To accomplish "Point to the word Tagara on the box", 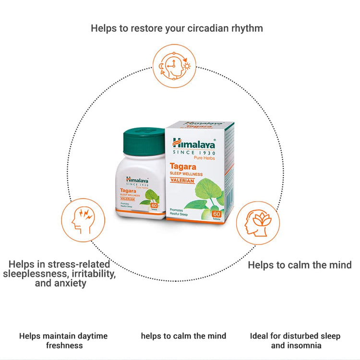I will coord(187,166).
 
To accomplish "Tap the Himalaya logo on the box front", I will coord(194,143).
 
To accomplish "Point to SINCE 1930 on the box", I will coord(194,153).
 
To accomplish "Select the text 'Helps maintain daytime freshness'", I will coord(63,340).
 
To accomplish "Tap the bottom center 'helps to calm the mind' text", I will coord(183,336).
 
